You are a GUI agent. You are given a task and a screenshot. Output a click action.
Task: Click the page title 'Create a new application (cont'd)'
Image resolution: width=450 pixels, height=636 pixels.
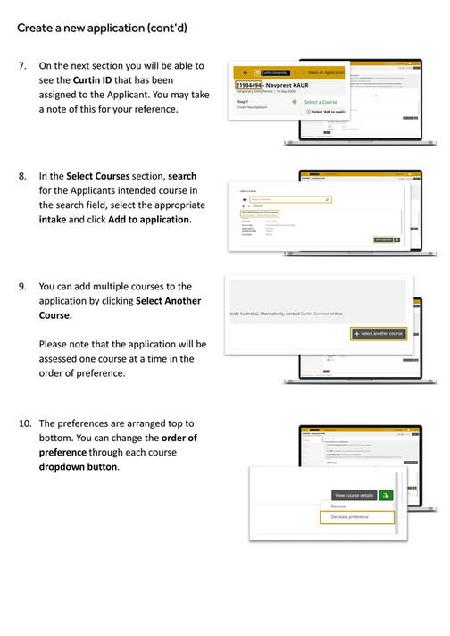click(x=102, y=29)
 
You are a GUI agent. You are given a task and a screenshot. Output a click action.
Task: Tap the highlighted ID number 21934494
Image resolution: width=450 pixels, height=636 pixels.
click(x=249, y=84)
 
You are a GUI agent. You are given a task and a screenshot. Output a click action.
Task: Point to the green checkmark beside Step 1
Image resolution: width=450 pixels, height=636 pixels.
click(x=294, y=102)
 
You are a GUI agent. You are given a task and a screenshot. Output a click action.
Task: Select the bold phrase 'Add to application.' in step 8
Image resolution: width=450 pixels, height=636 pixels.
click(x=150, y=219)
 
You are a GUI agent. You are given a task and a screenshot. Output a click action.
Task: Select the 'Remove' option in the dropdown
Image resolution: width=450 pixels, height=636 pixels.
click(x=339, y=506)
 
